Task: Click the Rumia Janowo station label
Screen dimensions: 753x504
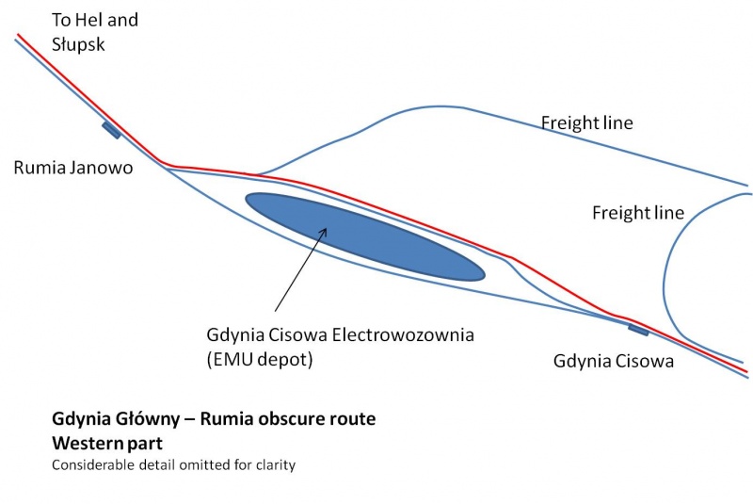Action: point(73,168)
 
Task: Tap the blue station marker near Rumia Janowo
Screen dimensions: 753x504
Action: point(111,130)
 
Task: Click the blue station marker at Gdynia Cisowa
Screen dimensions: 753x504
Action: point(638,330)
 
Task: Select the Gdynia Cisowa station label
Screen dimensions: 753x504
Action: point(614,361)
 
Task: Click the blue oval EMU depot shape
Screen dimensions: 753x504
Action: point(365,236)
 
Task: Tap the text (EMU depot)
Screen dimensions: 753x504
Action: point(260,359)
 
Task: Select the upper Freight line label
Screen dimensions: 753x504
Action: point(586,122)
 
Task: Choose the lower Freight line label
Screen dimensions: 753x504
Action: point(638,212)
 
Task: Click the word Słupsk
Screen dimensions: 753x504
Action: point(78,44)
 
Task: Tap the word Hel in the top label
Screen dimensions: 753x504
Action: point(89,20)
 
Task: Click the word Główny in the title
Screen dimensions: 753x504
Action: point(148,419)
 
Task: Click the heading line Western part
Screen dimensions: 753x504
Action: point(107,443)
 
